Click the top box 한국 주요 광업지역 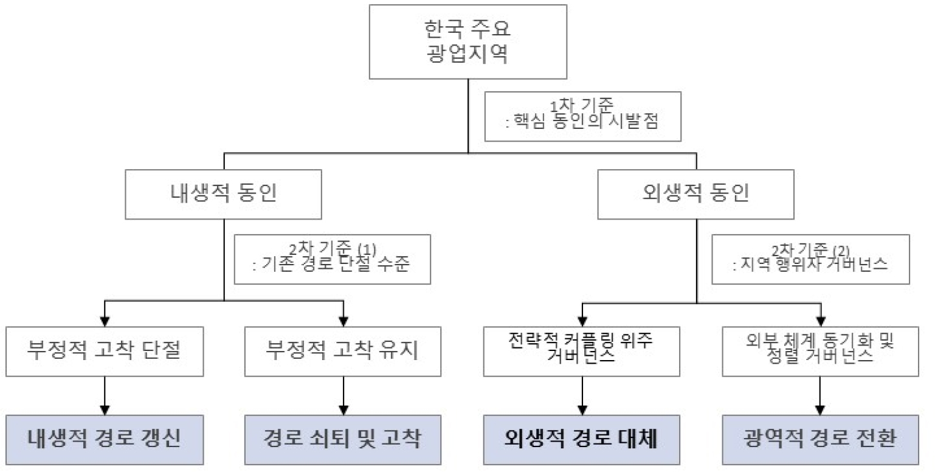point(468,41)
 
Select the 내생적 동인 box point(224,193)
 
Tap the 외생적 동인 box point(696,193)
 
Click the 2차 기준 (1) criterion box point(332,260)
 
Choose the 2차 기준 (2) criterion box point(810,260)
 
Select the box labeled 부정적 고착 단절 point(105,352)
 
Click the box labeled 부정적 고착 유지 point(343,352)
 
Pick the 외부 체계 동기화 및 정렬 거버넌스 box point(822,352)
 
